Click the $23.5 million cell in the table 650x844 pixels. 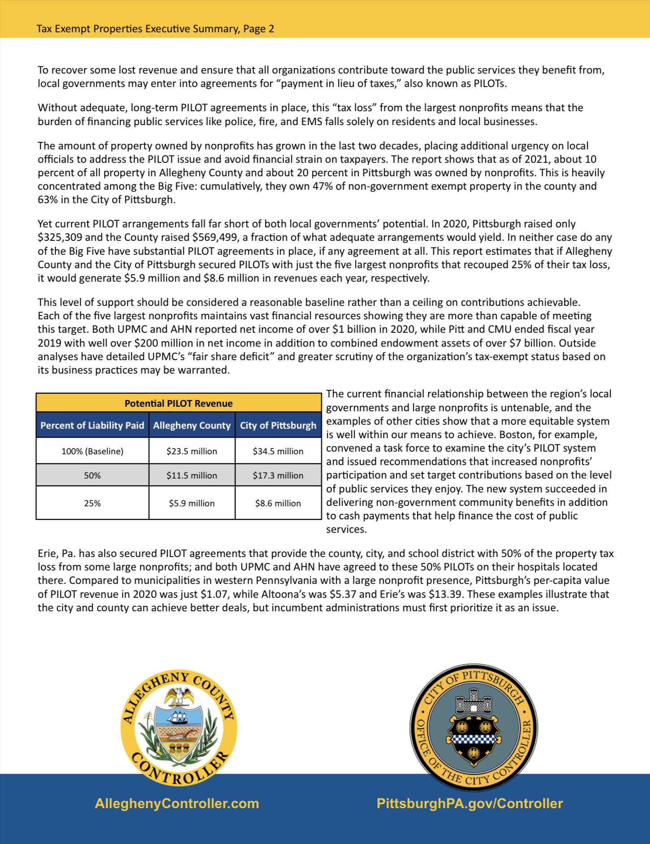[191, 451]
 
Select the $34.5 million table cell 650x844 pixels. [278, 451]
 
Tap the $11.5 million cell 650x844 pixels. [191, 475]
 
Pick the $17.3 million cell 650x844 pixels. [278, 475]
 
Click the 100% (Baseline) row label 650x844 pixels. [92, 451]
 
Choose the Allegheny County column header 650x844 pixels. [192, 426]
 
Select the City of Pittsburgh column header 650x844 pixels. [278, 426]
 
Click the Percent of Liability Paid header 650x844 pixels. [92, 426]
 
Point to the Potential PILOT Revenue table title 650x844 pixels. [178, 403]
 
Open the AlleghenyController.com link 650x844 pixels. [177, 803]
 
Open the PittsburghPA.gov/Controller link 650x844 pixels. [470, 803]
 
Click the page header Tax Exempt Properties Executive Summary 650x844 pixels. [155, 29]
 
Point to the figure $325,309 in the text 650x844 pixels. [60, 237]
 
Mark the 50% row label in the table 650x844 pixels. [92, 475]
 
